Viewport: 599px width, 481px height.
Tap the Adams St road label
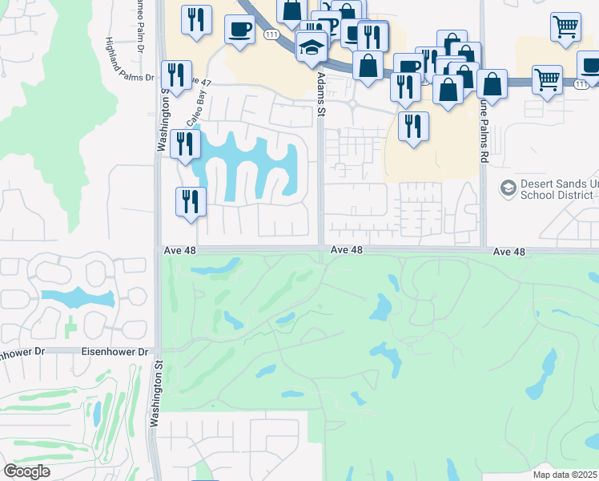[x=321, y=93]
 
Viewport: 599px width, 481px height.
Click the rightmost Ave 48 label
[x=509, y=252]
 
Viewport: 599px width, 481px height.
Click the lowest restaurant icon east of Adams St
[x=412, y=126]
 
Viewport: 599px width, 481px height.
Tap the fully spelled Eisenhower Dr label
[x=115, y=352]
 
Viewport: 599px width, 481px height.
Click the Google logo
[x=26, y=471]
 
